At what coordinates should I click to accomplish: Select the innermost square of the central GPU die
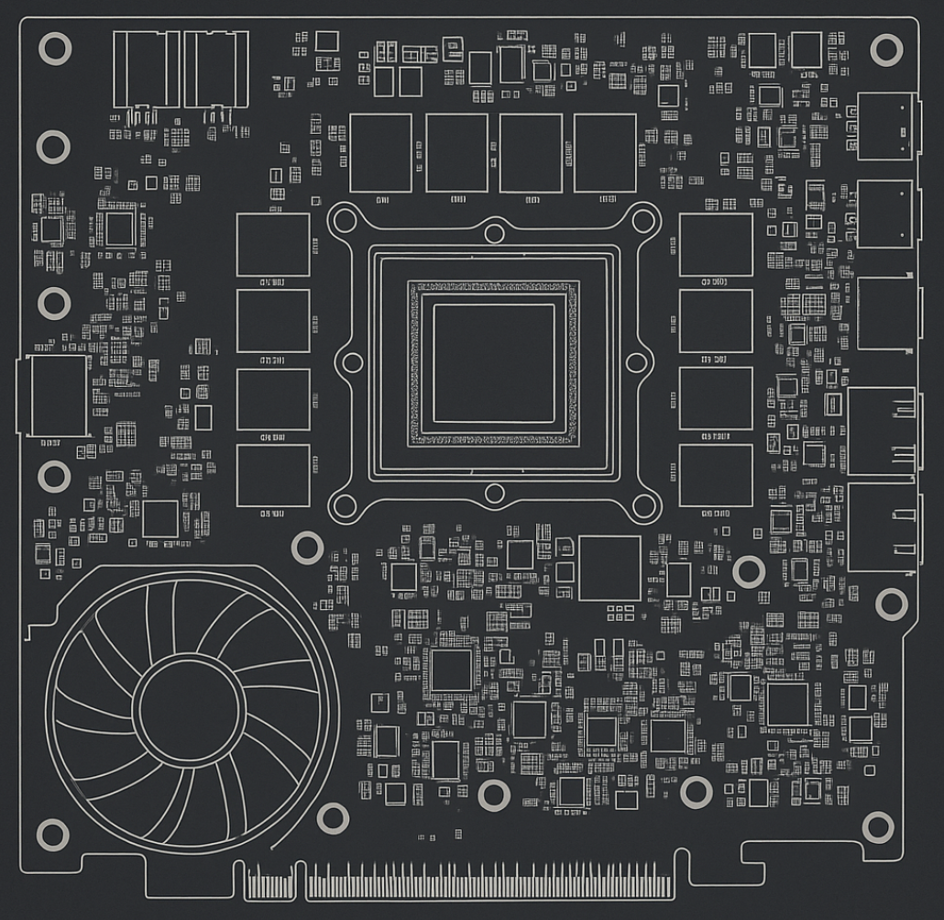click(x=494, y=363)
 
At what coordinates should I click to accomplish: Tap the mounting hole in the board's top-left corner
click(x=54, y=48)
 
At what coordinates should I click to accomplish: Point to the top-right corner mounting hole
click(x=886, y=49)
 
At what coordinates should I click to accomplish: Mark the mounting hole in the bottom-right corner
click(x=878, y=827)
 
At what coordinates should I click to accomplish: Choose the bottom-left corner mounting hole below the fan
click(x=52, y=835)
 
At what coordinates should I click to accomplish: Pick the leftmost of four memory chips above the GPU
click(x=380, y=153)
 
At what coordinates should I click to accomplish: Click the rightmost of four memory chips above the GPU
click(x=605, y=153)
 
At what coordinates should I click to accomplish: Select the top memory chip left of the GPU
click(x=273, y=245)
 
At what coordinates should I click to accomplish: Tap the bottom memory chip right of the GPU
click(x=716, y=475)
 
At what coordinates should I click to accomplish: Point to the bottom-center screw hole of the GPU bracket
click(x=494, y=494)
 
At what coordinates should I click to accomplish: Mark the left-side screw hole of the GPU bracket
click(x=352, y=362)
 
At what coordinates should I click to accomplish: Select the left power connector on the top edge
click(x=146, y=71)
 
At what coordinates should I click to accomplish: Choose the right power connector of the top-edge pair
click(x=216, y=71)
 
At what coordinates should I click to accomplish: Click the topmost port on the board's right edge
click(x=885, y=126)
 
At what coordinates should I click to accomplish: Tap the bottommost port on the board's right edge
click(x=882, y=527)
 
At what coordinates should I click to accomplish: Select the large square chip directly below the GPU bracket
click(x=609, y=568)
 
